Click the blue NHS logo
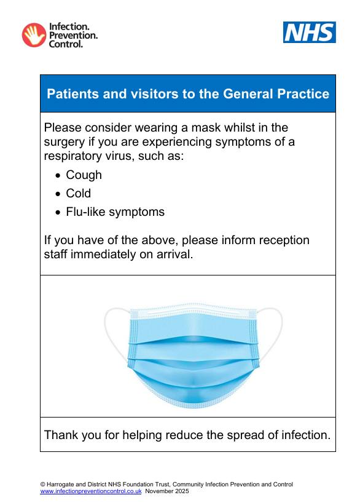pyautogui.click(x=310, y=32)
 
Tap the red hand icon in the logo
pyautogui.click(x=34, y=35)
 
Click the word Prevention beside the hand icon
pyautogui.click(x=73, y=35)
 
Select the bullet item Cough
pyautogui.click(x=84, y=175)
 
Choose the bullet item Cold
pyautogui.click(x=79, y=193)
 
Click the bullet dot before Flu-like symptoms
pyautogui.click(x=58, y=212)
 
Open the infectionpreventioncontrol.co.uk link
pyautogui.click(x=91, y=491)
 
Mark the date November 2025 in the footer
pyautogui.click(x=167, y=491)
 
